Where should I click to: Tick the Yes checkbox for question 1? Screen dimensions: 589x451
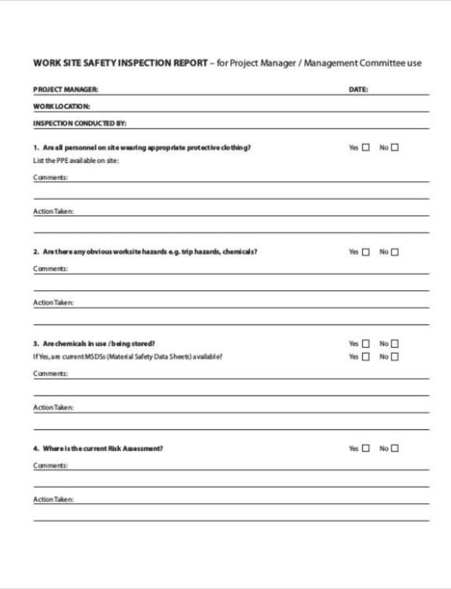tap(365, 147)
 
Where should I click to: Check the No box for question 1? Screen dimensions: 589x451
tap(395, 147)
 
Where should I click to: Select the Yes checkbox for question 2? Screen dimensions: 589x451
tap(365, 252)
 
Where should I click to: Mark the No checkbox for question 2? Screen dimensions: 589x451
tap(395, 252)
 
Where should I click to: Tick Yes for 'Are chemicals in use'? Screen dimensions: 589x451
tap(365, 344)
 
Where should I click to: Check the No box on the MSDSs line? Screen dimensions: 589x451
tap(395, 357)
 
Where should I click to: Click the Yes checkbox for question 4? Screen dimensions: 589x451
tap(365, 448)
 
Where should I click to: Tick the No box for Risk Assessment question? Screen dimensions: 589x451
tap(395, 448)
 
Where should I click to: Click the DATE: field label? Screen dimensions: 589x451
tap(358, 90)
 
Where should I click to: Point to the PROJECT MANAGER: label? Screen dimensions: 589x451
tap(65, 90)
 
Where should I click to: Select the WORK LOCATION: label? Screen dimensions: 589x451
tap(61, 106)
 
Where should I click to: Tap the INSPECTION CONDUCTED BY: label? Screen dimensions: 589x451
tap(79, 122)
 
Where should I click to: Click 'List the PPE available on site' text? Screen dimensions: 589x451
tap(75, 161)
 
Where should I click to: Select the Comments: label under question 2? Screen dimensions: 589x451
tap(50, 269)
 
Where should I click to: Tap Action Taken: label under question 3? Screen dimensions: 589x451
tap(54, 408)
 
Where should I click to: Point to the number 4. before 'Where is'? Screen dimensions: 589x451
tap(37, 448)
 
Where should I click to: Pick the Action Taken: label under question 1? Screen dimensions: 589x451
tap(54, 211)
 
